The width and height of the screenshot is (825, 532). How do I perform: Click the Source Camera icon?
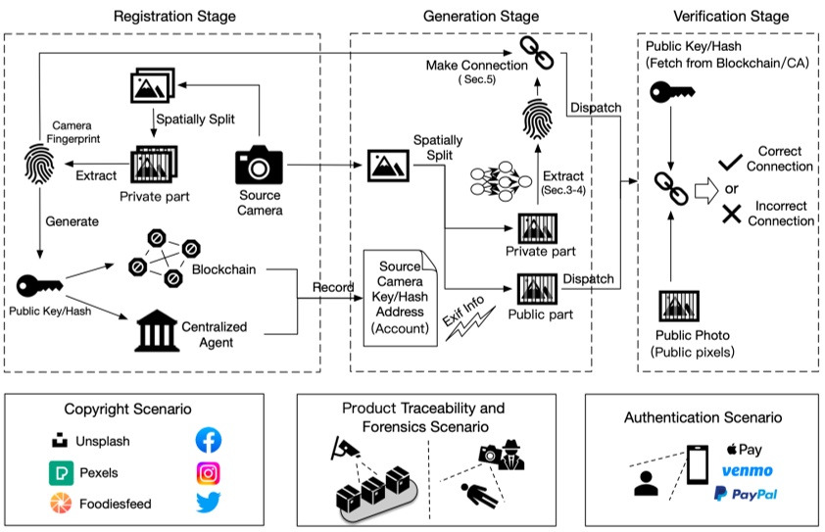tap(259, 164)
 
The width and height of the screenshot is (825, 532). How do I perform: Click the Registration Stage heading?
tap(174, 16)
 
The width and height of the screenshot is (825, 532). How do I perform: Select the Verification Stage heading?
tap(730, 16)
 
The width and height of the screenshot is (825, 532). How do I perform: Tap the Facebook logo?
tap(209, 440)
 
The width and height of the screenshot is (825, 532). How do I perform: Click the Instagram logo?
tap(209, 472)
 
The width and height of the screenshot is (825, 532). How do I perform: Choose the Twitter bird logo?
tap(209, 504)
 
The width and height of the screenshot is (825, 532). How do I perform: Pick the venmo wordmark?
tap(747, 471)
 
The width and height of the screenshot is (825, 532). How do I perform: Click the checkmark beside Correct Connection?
tap(728, 160)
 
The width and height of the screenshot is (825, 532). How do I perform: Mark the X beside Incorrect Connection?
tap(730, 213)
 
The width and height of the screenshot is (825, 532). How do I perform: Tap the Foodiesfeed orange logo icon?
tap(61, 505)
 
